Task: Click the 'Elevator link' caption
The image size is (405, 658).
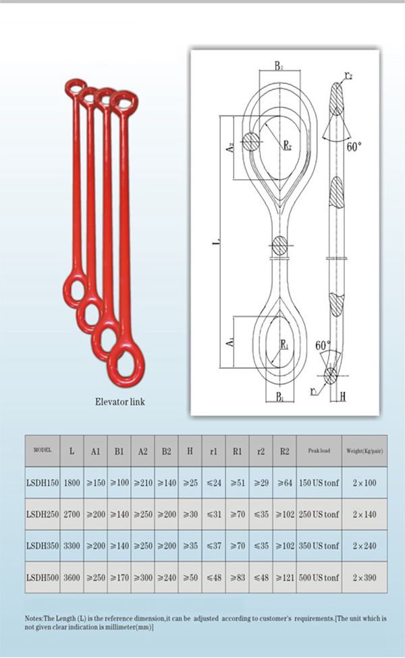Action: pos(120,401)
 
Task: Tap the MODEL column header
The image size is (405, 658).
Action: pos(43,451)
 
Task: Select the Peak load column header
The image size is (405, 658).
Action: pos(319,451)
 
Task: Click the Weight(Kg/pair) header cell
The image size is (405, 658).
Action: pos(364,451)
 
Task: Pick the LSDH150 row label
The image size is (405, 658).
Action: pos(43,483)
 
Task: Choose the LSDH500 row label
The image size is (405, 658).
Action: pos(43,578)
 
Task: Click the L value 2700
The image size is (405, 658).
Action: pos(72,515)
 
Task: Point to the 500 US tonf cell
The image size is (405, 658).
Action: pos(319,578)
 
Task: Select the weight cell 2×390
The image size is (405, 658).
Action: pos(364,578)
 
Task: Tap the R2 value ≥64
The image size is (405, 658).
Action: pos(284,483)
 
